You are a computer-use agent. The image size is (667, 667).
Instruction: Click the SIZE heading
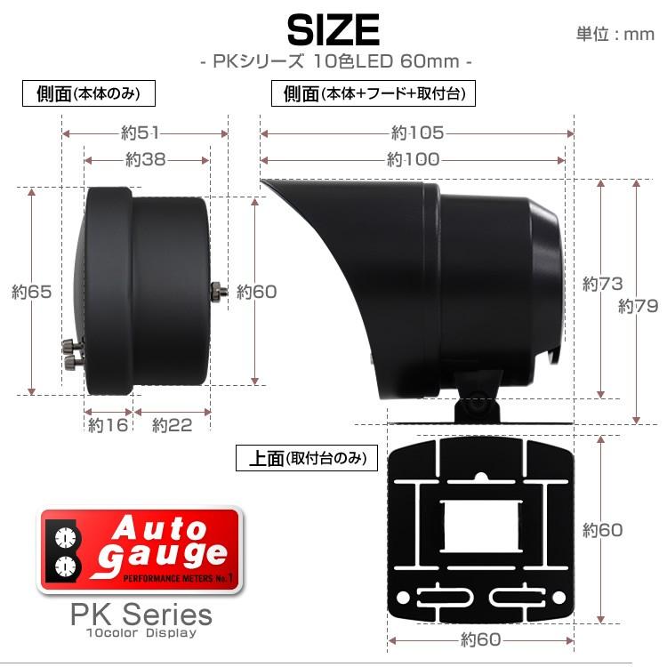333,31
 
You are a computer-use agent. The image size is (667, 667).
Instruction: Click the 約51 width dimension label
141,133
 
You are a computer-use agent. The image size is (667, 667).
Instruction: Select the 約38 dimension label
146,160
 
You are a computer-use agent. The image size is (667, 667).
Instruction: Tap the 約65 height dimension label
30,291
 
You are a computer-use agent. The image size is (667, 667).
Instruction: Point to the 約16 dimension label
108,425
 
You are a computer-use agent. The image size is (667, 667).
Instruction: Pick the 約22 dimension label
173,425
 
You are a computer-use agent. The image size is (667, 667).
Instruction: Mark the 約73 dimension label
602,285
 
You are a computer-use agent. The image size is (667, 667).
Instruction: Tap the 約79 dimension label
638,307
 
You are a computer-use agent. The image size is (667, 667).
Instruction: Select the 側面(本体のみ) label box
89,93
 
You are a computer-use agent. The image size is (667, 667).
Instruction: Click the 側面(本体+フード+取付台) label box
374,93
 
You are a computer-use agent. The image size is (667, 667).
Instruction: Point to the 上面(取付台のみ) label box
307,459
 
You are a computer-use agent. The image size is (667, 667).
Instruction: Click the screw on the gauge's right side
218,290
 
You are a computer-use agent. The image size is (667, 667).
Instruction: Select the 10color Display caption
141,633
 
